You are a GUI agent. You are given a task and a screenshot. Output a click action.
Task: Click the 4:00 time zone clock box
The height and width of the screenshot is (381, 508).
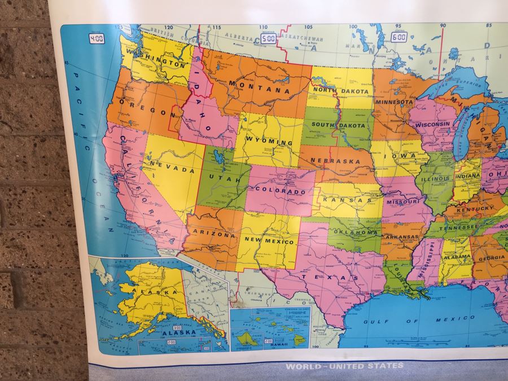pos(97,40)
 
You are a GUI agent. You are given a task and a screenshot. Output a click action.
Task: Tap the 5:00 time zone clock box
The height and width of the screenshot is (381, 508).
pos(268,39)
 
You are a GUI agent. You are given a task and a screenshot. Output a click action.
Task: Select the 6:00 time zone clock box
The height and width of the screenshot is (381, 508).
pos(400,37)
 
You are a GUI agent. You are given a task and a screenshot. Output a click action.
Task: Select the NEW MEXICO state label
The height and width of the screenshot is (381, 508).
pos(269,240)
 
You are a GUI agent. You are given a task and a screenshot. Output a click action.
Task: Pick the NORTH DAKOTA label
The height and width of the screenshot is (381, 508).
pos(341,91)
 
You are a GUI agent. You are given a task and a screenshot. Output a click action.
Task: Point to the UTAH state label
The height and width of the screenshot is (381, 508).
pos(221,177)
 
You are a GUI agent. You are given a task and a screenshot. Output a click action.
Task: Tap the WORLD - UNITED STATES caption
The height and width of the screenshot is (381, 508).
pos(344,366)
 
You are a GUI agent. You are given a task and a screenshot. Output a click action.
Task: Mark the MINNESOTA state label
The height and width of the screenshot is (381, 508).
pos(395,102)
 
